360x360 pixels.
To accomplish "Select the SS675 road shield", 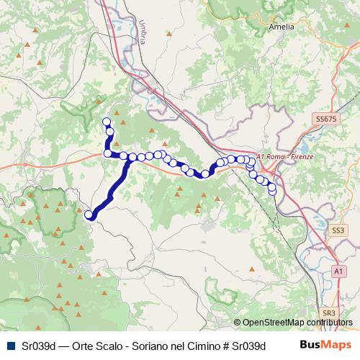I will (x=325, y=118).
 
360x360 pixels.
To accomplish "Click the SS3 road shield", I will (x=338, y=230).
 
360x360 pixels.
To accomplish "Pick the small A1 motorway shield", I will (x=338, y=270).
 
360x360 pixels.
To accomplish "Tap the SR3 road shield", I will (x=329, y=313).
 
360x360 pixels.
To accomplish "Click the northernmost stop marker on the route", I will (x=107, y=122).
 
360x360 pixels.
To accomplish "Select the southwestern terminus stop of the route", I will (x=90, y=215).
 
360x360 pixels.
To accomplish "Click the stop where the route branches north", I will (x=108, y=153).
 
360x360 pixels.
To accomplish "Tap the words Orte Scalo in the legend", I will (x=97, y=346).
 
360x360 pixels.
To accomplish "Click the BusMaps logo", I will (x=325, y=345).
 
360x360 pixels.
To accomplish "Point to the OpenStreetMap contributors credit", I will (x=297, y=323).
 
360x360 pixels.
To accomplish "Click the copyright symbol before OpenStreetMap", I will (x=237, y=323).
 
